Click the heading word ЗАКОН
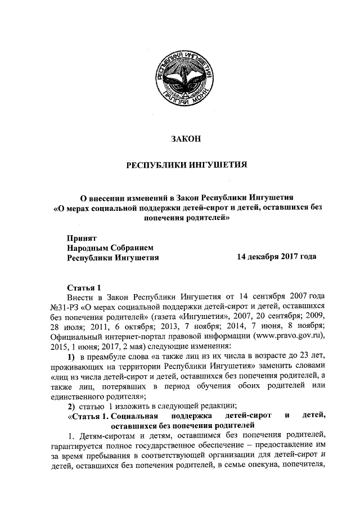pyautogui.click(x=185, y=138)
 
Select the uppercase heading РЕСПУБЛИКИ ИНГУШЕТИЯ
pyautogui.click(x=185, y=166)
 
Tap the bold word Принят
pyautogui.click(x=82, y=237)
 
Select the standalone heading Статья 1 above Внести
pyautogui.click(x=84, y=286)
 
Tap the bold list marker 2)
pyautogui.click(x=71, y=407)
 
